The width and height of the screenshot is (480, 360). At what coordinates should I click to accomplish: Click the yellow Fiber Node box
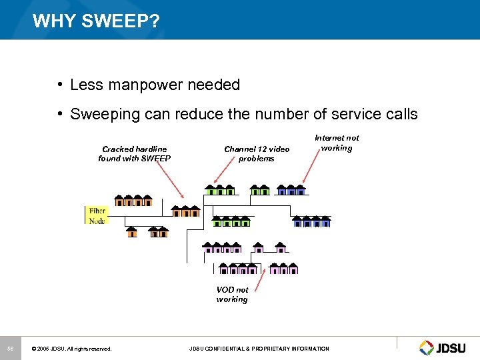coord(97,215)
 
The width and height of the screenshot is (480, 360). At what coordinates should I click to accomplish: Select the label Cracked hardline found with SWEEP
coord(134,154)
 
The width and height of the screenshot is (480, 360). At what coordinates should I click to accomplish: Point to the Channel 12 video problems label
coord(257,154)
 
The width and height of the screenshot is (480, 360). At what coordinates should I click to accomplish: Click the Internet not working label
coord(336,143)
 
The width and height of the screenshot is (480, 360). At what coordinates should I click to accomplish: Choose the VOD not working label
coord(232,295)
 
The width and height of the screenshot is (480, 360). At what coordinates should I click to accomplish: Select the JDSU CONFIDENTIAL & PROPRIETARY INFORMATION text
coord(259,349)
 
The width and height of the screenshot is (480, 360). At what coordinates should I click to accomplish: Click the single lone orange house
coord(132,232)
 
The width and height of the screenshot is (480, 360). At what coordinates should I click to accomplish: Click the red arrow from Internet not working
coord(312,167)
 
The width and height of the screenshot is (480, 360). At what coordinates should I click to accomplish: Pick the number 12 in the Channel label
coord(261,149)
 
